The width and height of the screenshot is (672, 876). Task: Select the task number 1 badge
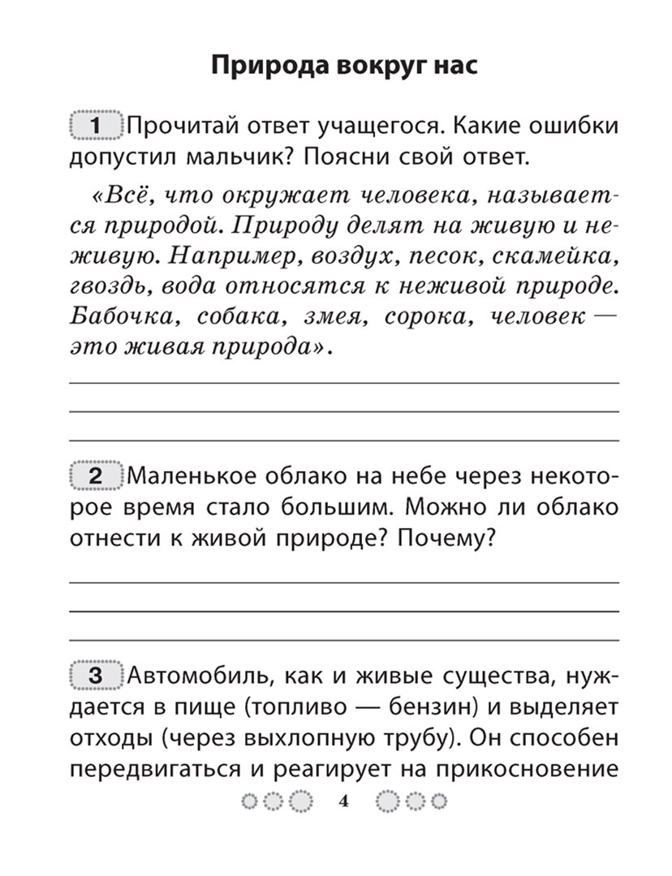point(96,127)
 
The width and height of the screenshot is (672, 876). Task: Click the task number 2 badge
point(96,476)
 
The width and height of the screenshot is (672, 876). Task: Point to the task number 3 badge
point(96,676)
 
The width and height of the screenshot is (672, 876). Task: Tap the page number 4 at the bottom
point(342,802)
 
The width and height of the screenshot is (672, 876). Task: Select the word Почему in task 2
point(447,538)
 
